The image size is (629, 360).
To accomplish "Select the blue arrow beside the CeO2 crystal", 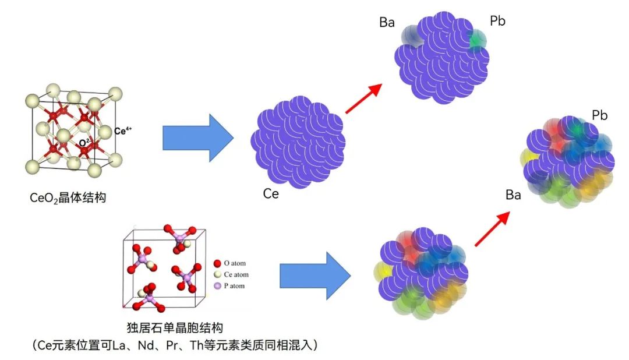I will click(198, 138).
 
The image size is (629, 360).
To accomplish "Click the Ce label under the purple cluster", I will click(271, 194).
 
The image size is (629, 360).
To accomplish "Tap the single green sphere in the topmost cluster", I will click(478, 40).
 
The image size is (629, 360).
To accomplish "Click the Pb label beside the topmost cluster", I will click(497, 22).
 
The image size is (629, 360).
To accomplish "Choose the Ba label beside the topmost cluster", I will click(387, 23).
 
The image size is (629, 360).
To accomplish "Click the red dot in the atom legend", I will click(217, 263).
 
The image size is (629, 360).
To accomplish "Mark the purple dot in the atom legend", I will click(217, 286).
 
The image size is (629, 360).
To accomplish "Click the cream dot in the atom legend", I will click(217, 275).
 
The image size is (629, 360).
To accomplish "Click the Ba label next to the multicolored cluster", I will click(513, 195).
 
